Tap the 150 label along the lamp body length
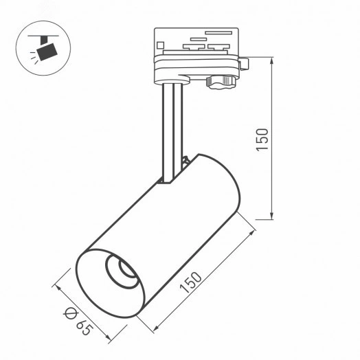(x=195, y=283)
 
